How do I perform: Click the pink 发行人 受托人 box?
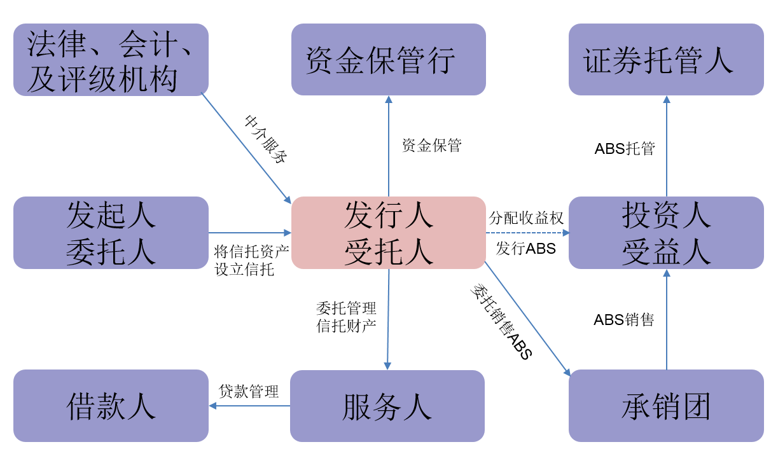(388, 232)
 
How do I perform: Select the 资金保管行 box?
(388, 60)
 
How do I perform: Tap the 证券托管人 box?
(665, 60)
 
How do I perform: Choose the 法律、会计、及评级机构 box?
(111, 60)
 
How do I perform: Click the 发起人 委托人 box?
(111, 232)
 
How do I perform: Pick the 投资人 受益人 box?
(665, 232)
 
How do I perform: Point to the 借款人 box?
(111, 406)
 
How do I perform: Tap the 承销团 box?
(665, 406)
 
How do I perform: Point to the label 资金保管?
(431, 146)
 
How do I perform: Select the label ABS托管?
(625, 149)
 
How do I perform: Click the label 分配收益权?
(526, 218)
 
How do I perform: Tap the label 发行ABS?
(526, 249)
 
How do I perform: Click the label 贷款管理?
(249, 391)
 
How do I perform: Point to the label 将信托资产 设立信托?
(252, 260)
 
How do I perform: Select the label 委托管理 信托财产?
(346, 317)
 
